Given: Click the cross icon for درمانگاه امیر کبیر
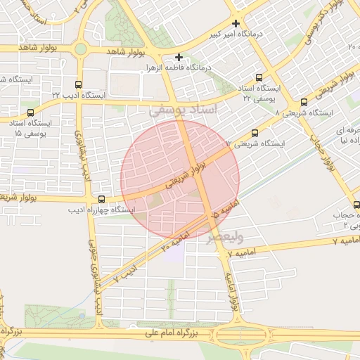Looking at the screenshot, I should click(237, 22).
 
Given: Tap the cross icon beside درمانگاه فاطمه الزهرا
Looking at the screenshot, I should click(179, 57).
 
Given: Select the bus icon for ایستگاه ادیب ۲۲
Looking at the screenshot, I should click(78, 84).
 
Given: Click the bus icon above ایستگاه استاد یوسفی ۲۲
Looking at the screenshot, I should click(259, 77).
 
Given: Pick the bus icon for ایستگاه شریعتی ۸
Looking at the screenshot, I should click(304, 102).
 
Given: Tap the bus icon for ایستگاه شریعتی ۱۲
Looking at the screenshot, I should click(254, 132).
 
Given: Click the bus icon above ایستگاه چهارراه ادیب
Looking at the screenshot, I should click(103, 199).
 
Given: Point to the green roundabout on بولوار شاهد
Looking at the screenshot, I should click(81, 49).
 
